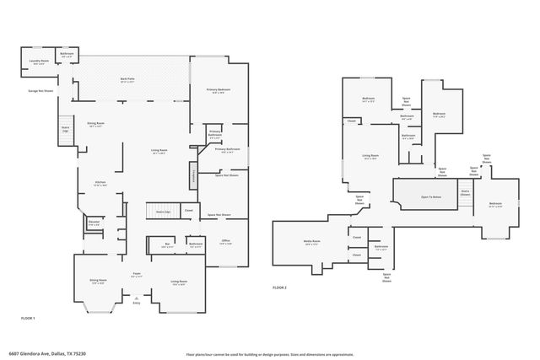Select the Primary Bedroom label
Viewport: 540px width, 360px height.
click(219, 90)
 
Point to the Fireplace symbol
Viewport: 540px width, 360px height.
click(193, 176)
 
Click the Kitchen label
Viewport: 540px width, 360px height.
click(100, 183)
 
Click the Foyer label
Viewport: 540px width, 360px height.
click(135, 274)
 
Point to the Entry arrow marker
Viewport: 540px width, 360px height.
click(136, 297)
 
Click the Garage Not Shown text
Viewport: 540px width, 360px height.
click(40, 90)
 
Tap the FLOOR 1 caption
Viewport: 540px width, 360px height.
click(28, 317)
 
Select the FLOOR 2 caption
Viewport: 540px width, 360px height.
click(279, 287)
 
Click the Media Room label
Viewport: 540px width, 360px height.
click(312, 242)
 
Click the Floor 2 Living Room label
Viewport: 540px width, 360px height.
click(370, 156)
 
